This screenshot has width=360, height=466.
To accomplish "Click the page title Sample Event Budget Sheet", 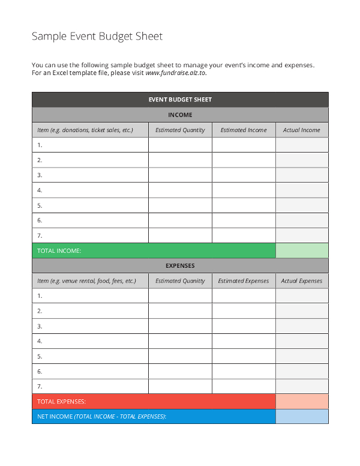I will point(97,37).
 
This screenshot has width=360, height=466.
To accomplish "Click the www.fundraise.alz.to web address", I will point(176,73).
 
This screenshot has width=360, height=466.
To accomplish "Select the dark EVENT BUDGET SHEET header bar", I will point(180,100).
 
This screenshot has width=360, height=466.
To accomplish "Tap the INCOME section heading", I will point(180,115).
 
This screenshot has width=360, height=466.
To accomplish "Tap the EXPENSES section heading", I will point(180,265).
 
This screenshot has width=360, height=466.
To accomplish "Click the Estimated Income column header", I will point(244,130).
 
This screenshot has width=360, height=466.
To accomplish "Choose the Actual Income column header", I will point(302,130).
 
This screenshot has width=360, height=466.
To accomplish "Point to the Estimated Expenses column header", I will point(244,281).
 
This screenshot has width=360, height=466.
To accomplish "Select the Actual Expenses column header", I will point(302,281).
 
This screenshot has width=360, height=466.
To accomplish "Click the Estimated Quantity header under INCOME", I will point(180,130).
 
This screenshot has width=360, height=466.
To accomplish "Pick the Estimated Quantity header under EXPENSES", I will point(180,281).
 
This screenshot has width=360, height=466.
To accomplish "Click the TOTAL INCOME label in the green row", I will point(59,250).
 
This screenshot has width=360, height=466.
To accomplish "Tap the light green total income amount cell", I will point(302,250).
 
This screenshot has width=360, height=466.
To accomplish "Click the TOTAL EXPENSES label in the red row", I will point(62,401).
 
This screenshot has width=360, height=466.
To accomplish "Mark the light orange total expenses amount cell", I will point(302,401).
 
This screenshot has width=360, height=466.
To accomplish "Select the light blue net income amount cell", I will point(302,417).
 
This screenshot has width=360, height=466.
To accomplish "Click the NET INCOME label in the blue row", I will point(102,417).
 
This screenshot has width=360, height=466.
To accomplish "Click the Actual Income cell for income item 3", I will point(302,175).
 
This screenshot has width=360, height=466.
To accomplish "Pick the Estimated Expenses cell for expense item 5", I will point(244,356).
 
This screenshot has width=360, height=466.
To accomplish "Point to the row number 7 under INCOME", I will point(40,235).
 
